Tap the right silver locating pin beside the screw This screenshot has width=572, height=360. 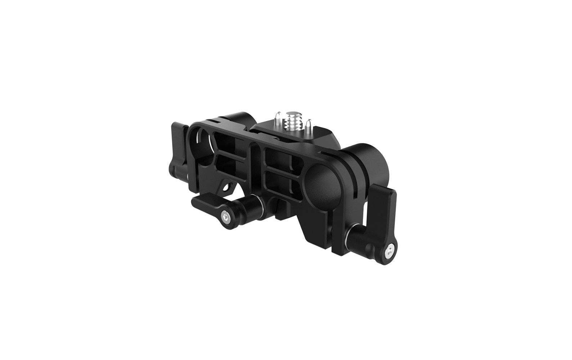coord(308,126)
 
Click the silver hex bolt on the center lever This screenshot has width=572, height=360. coord(225,218)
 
